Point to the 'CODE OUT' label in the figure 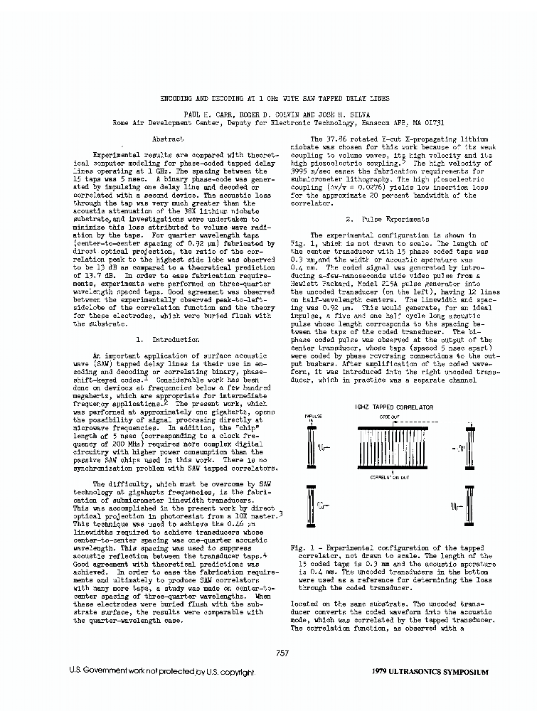click(388, 417)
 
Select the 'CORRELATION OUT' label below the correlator click(388, 477)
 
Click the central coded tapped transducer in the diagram click(388, 447)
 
